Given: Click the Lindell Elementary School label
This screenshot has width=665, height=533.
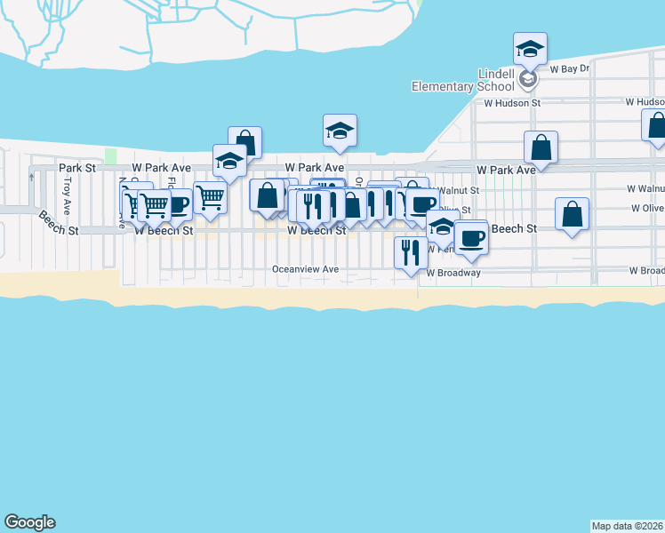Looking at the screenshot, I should (462, 79).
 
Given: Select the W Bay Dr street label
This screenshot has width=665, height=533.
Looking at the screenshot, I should (570, 68).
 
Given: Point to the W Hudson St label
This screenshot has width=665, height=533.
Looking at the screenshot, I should (512, 103).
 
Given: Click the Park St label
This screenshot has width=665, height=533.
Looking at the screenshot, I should (77, 167).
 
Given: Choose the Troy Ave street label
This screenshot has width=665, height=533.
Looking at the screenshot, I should (68, 195).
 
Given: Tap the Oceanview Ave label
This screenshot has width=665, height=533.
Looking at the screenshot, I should (306, 269).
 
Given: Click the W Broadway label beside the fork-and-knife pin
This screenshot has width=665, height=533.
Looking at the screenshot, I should (453, 273).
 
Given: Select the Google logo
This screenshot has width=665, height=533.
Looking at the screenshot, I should (29, 522).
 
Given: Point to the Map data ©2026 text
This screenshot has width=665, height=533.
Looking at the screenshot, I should (628, 526).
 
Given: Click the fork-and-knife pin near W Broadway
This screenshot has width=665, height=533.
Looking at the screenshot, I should (411, 251).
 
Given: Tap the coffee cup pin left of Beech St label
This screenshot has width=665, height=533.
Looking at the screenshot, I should (470, 237).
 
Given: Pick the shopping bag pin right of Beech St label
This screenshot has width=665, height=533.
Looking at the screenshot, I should (573, 214).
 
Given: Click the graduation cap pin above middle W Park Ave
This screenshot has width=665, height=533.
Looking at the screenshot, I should (340, 131).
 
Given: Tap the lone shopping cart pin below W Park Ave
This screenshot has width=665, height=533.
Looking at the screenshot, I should (210, 196).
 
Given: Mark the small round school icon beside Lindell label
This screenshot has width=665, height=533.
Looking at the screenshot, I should (528, 80).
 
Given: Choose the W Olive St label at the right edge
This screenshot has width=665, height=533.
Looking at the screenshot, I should (647, 208).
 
